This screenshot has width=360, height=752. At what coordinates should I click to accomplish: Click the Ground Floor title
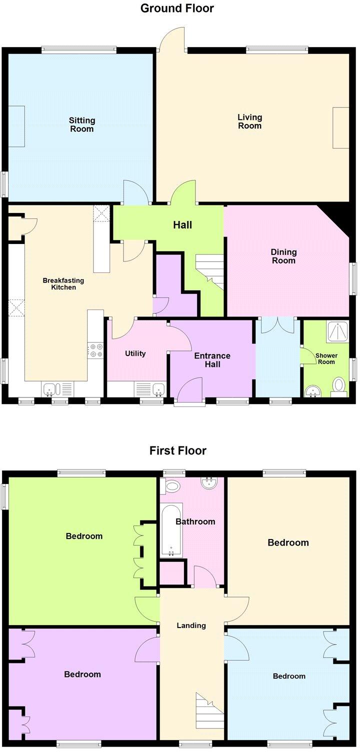[x=177, y=8]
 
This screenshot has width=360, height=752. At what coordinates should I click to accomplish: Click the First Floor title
[x=177, y=450]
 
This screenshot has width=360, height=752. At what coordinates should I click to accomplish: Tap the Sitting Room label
[x=81, y=124]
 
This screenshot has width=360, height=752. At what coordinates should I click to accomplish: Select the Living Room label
[x=249, y=121]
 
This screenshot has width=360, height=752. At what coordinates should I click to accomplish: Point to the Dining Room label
[x=283, y=256]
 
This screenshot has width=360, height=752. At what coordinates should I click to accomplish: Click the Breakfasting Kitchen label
[x=63, y=284]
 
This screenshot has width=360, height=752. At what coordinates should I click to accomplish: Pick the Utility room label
[x=135, y=353]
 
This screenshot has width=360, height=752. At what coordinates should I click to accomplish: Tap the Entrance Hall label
[x=212, y=360]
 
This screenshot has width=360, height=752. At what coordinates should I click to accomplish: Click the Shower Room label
[x=326, y=358]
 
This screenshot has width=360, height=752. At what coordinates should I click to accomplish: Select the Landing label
[x=191, y=625]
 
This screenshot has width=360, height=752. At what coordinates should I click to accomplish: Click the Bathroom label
[x=195, y=521]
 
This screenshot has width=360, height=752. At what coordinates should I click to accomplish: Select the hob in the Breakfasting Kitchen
[x=95, y=350]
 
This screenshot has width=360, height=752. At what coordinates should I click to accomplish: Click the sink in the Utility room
[x=158, y=388]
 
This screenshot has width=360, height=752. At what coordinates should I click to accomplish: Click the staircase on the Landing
[x=209, y=711]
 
